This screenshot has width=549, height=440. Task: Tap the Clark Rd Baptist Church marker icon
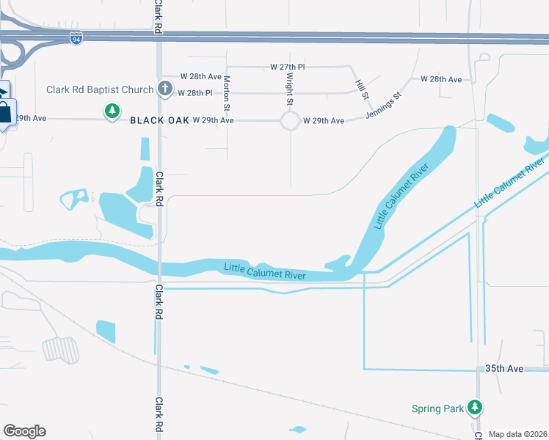(165, 89)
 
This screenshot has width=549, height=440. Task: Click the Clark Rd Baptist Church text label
(100, 90)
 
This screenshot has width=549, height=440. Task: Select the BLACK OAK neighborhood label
(159, 120)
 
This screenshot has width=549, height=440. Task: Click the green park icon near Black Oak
(112, 111)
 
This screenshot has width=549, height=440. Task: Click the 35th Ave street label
(504, 368)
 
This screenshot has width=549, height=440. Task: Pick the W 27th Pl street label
(288, 67)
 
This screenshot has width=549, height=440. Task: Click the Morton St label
(228, 89)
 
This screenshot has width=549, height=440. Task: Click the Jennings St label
(388, 105)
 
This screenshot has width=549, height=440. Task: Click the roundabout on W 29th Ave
(289, 120)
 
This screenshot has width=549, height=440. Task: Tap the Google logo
(24, 431)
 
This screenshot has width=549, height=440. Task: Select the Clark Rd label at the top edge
(158, 15)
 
